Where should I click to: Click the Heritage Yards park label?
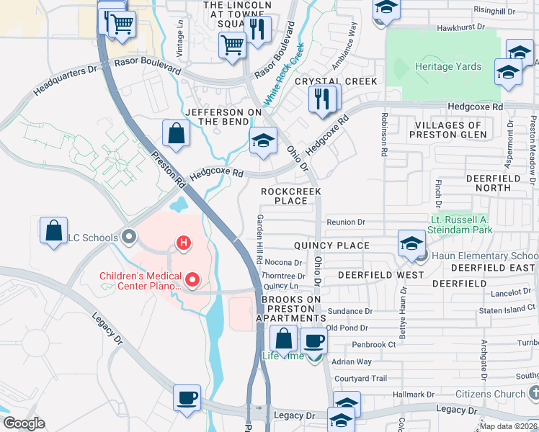[x=447, y=67]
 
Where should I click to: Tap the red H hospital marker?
[x=184, y=243]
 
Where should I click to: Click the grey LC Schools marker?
[x=129, y=236]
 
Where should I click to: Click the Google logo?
[x=24, y=423]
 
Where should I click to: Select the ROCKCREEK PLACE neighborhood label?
[x=291, y=196]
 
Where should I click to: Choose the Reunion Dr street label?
[x=346, y=222]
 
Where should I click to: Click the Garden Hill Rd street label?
[x=258, y=238]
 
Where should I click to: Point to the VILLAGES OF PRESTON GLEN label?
[x=447, y=130]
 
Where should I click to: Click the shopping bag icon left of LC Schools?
[x=54, y=231]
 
